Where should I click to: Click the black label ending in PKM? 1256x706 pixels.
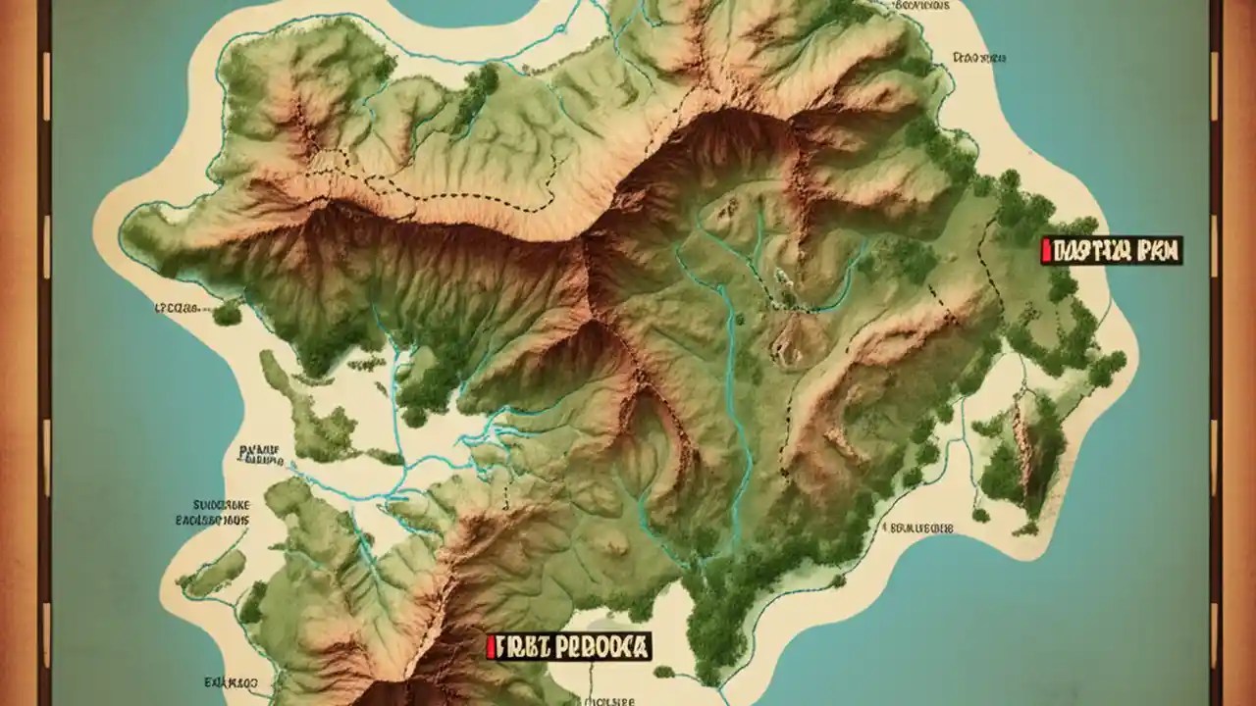(x=1114, y=251)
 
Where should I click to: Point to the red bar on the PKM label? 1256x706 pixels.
(x=1047, y=251)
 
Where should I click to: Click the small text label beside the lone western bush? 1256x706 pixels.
(x=178, y=307)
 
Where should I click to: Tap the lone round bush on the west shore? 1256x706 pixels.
(x=227, y=313)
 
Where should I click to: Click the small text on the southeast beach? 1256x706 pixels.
(x=919, y=528)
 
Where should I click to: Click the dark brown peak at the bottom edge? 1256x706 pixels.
(x=392, y=691)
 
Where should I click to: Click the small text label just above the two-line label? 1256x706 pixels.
(x=259, y=452)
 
